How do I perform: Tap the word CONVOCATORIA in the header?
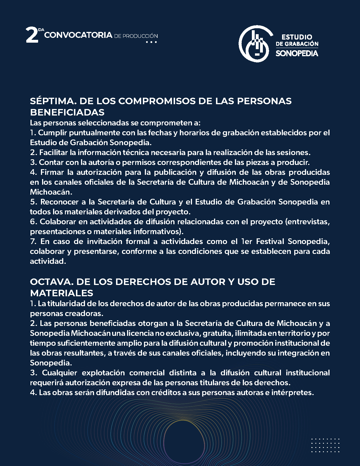pyautogui.click(x=78, y=35)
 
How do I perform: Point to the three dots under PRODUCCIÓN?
pyautogui.click(x=151, y=42)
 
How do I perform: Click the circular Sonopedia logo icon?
pyautogui.click(x=254, y=44)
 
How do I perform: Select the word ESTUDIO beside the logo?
pyautogui.click(x=297, y=37)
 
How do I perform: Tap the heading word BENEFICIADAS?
pyautogui.click(x=67, y=112)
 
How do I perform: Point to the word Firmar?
pyautogui.click(x=52, y=172)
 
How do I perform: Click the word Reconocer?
pyautogui.click(x=59, y=202)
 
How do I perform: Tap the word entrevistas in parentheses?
pyautogui.click(x=308, y=222)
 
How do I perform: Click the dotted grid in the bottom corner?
pyautogui.click(x=325, y=445)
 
